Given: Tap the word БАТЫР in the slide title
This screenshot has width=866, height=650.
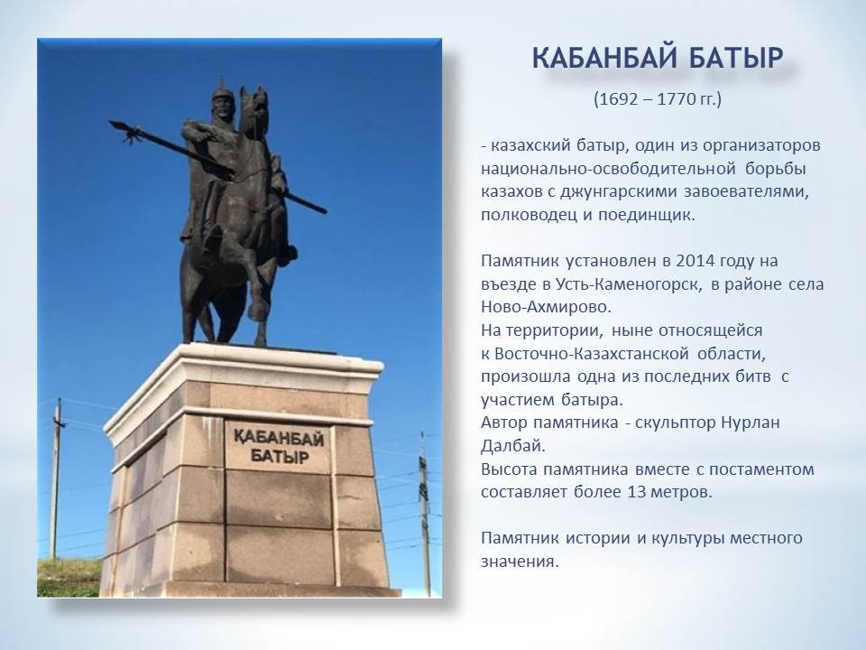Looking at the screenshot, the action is [737, 59].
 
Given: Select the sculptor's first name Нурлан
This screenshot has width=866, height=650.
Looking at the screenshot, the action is [751, 422].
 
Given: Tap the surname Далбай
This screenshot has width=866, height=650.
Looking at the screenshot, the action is [513, 445].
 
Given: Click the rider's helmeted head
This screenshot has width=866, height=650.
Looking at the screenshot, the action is [222, 101].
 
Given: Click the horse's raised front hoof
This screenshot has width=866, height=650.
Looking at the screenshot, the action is [258, 312].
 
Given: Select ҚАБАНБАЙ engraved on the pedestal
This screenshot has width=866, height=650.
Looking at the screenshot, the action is [279, 438].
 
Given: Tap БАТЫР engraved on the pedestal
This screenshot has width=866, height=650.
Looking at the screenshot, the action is [280, 457].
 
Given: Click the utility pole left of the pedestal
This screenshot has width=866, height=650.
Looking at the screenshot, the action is [56, 478].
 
